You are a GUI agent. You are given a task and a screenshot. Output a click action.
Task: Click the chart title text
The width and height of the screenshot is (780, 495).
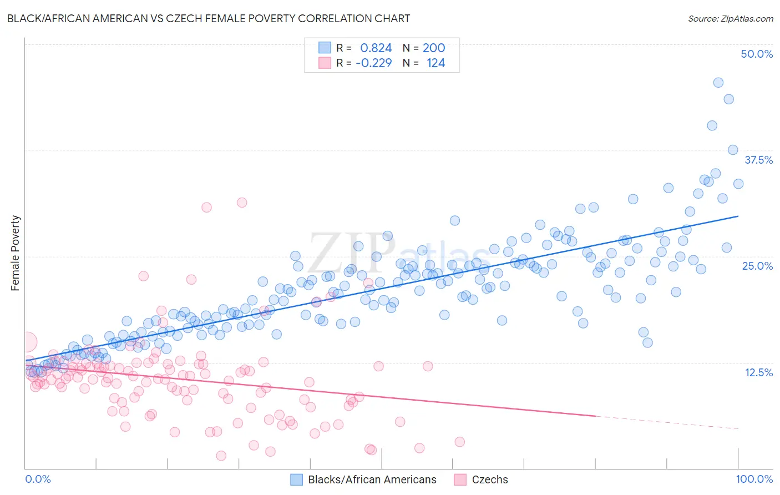click(209, 18)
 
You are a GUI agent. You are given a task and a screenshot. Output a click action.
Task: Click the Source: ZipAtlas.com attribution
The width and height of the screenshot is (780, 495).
click(730, 18)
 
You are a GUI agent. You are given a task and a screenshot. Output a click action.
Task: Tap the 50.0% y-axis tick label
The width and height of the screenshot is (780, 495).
click(757, 54)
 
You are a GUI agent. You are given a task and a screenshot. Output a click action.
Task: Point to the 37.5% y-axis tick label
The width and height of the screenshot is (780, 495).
click(758, 160)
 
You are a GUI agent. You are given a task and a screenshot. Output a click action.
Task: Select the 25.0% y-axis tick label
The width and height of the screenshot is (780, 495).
click(757, 266)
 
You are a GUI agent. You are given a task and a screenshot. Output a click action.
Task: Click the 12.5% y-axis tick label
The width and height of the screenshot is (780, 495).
click(758, 372)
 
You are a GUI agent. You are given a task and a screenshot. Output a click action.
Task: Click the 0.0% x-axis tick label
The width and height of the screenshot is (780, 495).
click(38, 479)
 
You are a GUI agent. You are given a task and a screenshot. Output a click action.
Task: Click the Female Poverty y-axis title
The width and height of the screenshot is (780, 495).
click(16, 253)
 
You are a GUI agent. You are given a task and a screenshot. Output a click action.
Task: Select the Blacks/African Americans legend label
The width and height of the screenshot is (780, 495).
click(372, 479)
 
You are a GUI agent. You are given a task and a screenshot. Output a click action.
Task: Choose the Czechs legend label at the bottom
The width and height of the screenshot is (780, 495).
click(490, 479)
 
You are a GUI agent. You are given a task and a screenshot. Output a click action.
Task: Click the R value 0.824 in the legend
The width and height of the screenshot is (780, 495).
click(376, 48)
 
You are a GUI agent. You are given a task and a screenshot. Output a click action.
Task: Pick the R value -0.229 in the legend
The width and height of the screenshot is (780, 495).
click(373, 63)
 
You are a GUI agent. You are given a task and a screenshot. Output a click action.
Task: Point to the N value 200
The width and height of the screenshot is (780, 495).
click(434, 48)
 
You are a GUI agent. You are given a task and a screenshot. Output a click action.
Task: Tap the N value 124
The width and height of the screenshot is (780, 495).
click(435, 63)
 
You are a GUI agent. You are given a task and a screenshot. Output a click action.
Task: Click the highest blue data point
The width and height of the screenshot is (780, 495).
click(718, 83)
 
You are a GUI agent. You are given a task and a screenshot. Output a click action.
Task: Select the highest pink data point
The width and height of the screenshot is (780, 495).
click(242, 203)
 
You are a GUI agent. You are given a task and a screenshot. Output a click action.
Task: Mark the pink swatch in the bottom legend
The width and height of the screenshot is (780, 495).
click(460, 479)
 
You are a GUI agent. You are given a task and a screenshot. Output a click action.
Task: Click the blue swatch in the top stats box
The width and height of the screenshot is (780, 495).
click(325, 48)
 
